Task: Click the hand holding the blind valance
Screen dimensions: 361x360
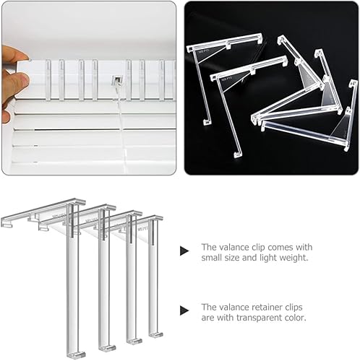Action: [x=10, y=79]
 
